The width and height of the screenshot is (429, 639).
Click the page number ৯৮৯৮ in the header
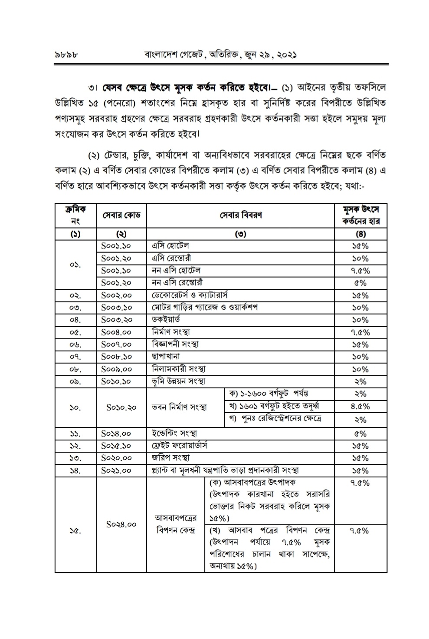(66, 56)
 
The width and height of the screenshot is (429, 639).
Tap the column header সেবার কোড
(121, 215)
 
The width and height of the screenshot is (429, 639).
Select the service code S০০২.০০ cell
(116, 295)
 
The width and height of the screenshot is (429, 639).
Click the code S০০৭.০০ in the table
(116, 344)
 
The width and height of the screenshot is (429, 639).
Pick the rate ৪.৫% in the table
(360, 407)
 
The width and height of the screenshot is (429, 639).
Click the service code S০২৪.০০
(121, 524)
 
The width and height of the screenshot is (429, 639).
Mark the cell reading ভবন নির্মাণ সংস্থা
(179, 407)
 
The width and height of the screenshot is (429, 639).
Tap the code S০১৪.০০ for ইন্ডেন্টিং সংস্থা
(116, 434)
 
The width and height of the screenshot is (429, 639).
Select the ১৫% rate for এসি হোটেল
(360, 246)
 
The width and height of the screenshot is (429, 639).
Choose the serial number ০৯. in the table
(75, 381)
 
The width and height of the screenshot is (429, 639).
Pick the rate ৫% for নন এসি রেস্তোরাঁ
(360, 283)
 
